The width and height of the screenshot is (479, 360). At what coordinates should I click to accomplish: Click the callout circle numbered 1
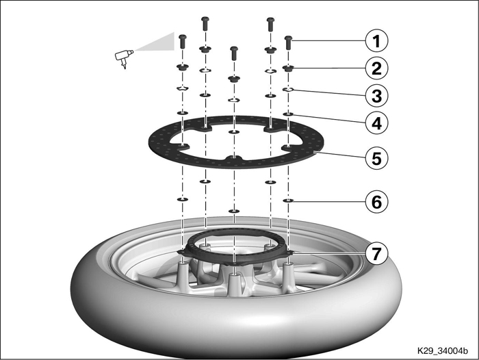coord(376,41)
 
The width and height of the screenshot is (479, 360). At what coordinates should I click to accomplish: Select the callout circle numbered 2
coord(376,68)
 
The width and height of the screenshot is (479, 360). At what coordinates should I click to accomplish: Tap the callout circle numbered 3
coord(376,96)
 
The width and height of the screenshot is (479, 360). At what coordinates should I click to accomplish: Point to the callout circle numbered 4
coord(376,123)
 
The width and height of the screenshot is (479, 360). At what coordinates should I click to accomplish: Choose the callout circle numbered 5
coord(376,158)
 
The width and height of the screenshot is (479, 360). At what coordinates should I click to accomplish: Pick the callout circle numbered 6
coord(376,202)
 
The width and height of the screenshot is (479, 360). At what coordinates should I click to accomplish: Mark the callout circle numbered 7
coord(376,253)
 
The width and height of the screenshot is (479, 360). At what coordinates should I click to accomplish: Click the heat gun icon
coord(124,58)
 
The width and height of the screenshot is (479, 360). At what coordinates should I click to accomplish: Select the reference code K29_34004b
coord(443,351)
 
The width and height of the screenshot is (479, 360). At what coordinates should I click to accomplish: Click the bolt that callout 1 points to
coord(289,43)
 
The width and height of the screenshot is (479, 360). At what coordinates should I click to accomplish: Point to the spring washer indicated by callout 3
coord(288,90)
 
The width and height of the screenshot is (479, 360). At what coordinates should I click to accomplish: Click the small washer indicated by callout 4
coord(288,114)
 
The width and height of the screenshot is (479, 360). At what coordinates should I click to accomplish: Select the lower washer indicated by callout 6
coord(288,201)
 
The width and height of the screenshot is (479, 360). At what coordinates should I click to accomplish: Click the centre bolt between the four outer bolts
coord(234,53)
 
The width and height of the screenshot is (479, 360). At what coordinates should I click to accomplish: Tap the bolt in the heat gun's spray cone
coord(183,42)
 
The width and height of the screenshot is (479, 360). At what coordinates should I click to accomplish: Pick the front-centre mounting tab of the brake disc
coord(234,157)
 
